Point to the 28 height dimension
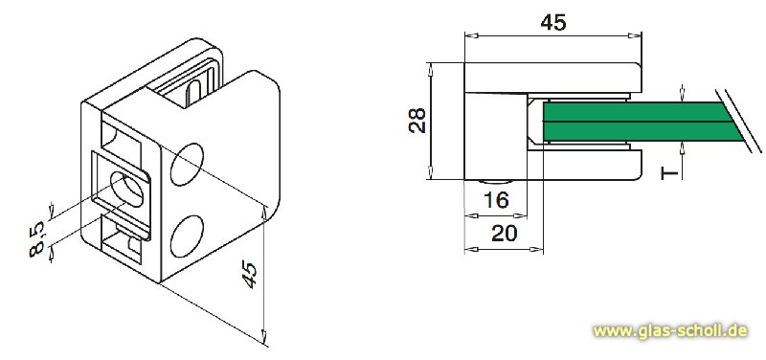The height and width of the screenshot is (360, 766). point(416,121)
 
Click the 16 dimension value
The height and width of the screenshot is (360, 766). point(495,201)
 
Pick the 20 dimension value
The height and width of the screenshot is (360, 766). point(504,234)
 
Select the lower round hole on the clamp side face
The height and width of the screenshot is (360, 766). point(189,236)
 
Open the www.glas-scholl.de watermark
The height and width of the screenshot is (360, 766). point(669,330)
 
